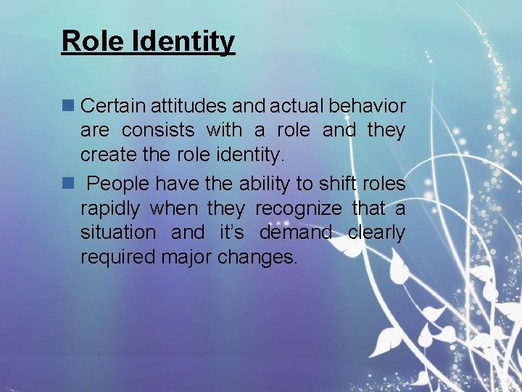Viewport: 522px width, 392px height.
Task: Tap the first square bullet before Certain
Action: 69,106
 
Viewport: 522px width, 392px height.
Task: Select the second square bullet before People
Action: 69,184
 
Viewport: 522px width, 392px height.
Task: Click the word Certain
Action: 114,106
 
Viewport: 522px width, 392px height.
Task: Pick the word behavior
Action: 367,106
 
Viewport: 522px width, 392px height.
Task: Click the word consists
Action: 158,131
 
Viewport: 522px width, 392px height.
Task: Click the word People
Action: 128,184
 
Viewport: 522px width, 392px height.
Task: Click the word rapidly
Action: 110,209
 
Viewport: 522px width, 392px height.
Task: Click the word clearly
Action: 376,233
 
